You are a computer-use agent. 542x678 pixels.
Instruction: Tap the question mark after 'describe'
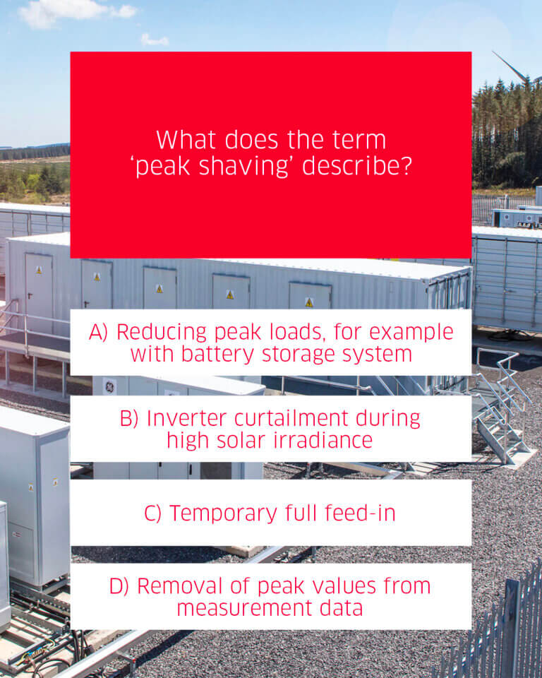405,165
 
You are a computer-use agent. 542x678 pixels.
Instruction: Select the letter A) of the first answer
98,333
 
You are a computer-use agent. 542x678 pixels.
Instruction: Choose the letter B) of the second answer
129,419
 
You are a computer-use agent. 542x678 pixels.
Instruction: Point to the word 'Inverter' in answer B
187,418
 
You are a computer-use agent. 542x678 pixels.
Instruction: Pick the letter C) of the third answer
152,513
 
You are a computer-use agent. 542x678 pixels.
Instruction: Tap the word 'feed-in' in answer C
360,513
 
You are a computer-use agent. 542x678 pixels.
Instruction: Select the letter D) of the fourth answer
119,586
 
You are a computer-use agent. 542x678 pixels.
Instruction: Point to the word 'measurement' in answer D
245,608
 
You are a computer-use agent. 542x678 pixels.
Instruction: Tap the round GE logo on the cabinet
110,386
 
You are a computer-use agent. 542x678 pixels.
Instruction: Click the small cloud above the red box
155,40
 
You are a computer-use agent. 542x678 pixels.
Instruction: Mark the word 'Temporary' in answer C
223,513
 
